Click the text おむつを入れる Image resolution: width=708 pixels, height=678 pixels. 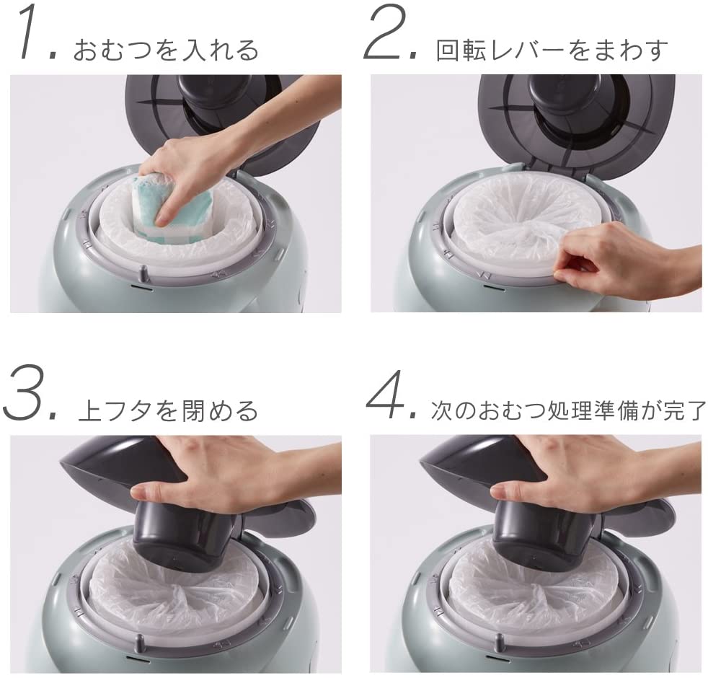pyautogui.click(x=166, y=50)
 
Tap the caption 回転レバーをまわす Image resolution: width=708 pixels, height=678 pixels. pyautogui.click(x=552, y=50)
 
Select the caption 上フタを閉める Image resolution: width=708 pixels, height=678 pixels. pyautogui.click(x=168, y=410)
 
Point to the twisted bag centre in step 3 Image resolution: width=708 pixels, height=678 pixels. pyautogui.click(x=181, y=589)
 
